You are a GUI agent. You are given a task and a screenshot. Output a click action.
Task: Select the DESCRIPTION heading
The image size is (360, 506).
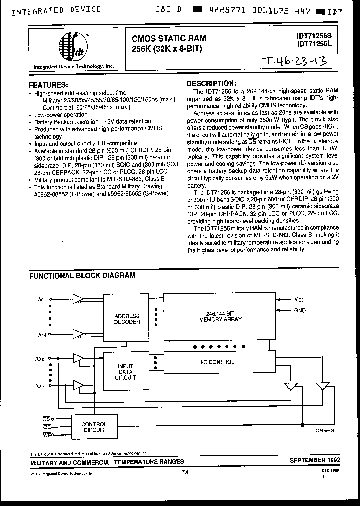[210, 84]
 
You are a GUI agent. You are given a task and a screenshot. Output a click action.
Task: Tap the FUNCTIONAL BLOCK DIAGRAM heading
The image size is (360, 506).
[82, 275]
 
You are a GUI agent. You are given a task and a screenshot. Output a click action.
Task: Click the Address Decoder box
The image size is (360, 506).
[127, 319]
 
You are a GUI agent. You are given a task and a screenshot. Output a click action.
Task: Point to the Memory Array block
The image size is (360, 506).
[220, 316]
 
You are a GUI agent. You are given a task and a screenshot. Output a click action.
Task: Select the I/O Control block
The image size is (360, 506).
[220, 362]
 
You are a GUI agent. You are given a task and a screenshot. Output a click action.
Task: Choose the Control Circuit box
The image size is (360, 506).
[93, 427]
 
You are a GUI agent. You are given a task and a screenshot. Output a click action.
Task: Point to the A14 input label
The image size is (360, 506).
[41, 336]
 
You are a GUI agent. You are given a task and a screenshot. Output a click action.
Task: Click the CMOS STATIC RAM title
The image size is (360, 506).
[169, 37]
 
